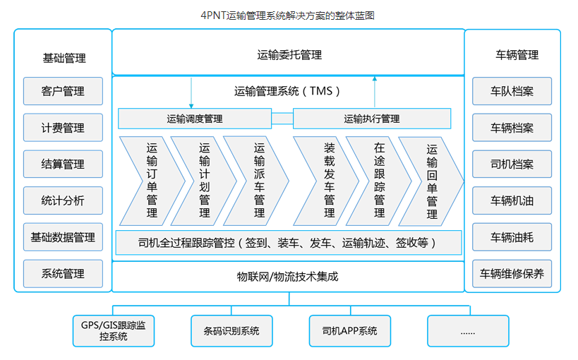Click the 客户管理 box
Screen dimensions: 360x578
point(63,91)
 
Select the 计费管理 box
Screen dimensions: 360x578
point(63,128)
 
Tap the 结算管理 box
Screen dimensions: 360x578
point(63,164)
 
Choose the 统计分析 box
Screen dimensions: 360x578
point(63,201)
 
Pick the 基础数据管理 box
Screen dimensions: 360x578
point(63,238)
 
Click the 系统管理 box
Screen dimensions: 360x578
point(63,274)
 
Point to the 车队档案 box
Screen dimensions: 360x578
point(512,91)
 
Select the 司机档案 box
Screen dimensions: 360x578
point(512,164)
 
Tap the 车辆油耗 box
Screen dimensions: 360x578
point(512,238)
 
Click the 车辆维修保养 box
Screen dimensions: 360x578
point(512,274)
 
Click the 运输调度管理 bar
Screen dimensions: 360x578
point(195,119)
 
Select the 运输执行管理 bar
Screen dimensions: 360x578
point(372,119)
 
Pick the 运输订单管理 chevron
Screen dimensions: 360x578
point(152,181)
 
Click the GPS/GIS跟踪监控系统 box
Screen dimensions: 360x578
point(114,330)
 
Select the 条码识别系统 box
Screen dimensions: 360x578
point(231,330)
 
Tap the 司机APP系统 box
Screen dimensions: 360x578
point(349,330)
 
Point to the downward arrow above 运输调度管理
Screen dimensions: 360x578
point(191,93)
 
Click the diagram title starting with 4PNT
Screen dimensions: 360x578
point(289,14)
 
